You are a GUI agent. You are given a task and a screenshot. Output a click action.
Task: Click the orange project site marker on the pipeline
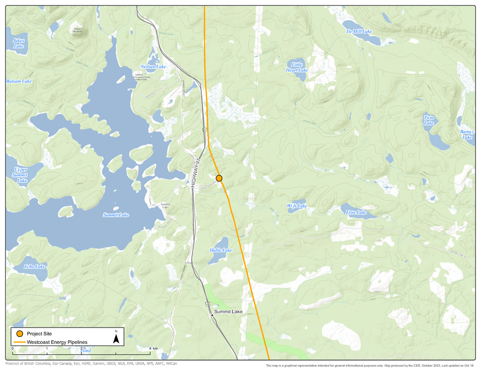[x=219, y=178]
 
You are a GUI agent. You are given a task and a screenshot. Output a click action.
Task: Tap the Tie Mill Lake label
[x=359, y=31]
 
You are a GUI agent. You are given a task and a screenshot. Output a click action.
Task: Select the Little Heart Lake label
[x=297, y=67]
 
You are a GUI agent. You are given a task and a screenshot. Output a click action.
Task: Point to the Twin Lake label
[x=429, y=120]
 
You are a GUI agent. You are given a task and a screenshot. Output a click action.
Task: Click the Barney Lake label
[x=467, y=134]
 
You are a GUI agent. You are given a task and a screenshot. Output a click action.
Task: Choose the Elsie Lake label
[x=356, y=212]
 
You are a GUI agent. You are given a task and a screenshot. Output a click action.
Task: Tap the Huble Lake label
[x=220, y=250]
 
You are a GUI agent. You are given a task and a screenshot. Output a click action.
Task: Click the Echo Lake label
[x=35, y=267]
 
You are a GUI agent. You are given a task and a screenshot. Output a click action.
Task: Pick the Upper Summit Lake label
[x=20, y=175]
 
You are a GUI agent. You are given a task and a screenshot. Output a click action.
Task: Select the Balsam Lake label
[x=19, y=81]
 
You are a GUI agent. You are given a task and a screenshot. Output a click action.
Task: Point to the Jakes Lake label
[x=18, y=43]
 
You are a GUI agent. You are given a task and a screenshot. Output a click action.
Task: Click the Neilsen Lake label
[x=153, y=66]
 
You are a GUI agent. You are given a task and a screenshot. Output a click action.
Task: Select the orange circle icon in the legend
[x=19, y=333]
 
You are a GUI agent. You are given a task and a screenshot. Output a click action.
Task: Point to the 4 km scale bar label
[x=153, y=349]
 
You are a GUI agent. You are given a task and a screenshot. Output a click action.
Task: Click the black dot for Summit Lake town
[x=212, y=315]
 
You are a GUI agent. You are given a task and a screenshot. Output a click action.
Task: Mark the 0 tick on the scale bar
[x=13, y=349]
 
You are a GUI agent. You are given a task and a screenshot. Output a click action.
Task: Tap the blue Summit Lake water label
[x=116, y=215]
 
